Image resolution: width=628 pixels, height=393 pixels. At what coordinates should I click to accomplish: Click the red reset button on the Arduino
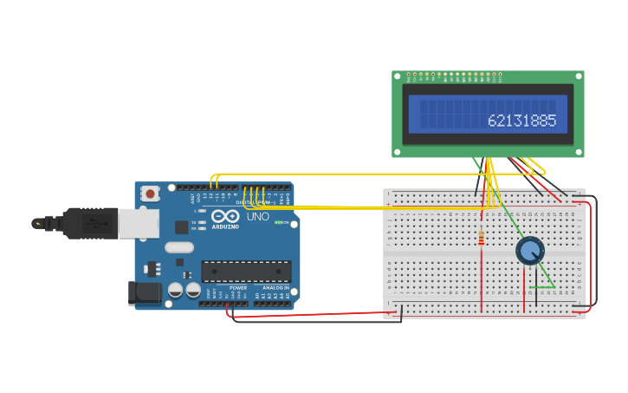(150, 193)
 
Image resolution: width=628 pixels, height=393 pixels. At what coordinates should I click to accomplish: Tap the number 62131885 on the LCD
(521, 121)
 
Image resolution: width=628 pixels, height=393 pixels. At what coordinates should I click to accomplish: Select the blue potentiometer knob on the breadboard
(529, 251)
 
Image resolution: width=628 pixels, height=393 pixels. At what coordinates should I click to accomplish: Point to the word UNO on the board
(258, 216)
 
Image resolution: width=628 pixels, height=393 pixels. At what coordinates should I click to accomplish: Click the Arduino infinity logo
(224, 216)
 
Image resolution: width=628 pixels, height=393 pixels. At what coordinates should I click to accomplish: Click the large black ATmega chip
(246, 271)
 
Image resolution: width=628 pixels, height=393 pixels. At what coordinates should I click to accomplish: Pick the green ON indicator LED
(277, 223)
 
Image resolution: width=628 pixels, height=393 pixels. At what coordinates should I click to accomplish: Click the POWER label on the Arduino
(238, 287)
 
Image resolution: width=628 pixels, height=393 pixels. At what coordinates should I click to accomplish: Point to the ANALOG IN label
(275, 287)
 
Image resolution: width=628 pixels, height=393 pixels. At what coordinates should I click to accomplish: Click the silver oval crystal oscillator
(179, 247)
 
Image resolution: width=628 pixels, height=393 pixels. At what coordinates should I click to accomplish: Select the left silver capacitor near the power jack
(175, 289)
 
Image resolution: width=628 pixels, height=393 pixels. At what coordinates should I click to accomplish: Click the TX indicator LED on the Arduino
(201, 222)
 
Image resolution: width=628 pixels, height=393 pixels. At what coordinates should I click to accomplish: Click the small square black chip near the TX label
(182, 227)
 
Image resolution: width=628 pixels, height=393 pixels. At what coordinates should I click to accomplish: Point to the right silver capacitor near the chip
(192, 289)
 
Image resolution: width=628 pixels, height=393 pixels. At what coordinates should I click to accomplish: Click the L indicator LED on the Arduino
(201, 211)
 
